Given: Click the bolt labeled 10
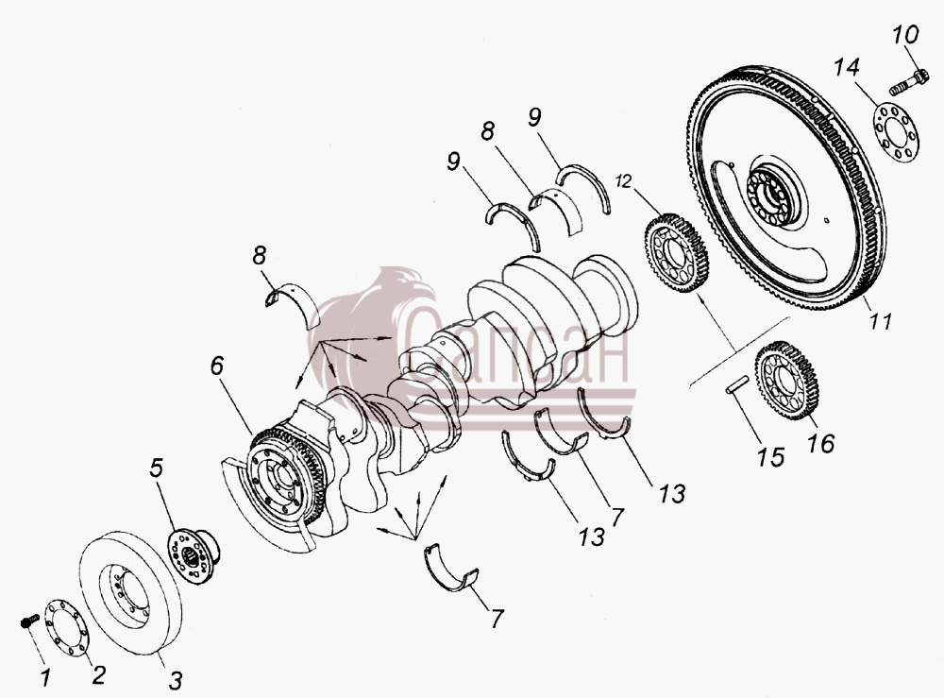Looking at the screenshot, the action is (x=908, y=83).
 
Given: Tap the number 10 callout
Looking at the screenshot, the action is (x=905, y=34).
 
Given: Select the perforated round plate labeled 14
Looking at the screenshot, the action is (x=895, y=133).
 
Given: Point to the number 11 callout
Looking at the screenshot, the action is (x=880, y=321).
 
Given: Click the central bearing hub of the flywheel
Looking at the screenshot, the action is (x=773, y=196).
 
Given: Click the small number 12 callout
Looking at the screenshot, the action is (x=624, y=180).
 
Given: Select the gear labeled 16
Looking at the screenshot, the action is (x=787, y=381).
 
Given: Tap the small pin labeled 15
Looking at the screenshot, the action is (x=737, y=384).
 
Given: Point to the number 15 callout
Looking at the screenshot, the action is (x=771, y=457).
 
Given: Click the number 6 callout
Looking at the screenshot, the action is (x=217, y=366).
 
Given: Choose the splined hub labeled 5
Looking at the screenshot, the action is (x=193, y=554).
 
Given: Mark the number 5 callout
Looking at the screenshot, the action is (x=156, y=468).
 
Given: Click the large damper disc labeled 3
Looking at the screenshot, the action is (x=130, y=592).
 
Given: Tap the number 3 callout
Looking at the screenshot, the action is (x=175, y=681).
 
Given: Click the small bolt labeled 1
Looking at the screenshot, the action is (x=29, y=621).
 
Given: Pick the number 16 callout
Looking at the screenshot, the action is (x=820, y=444).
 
